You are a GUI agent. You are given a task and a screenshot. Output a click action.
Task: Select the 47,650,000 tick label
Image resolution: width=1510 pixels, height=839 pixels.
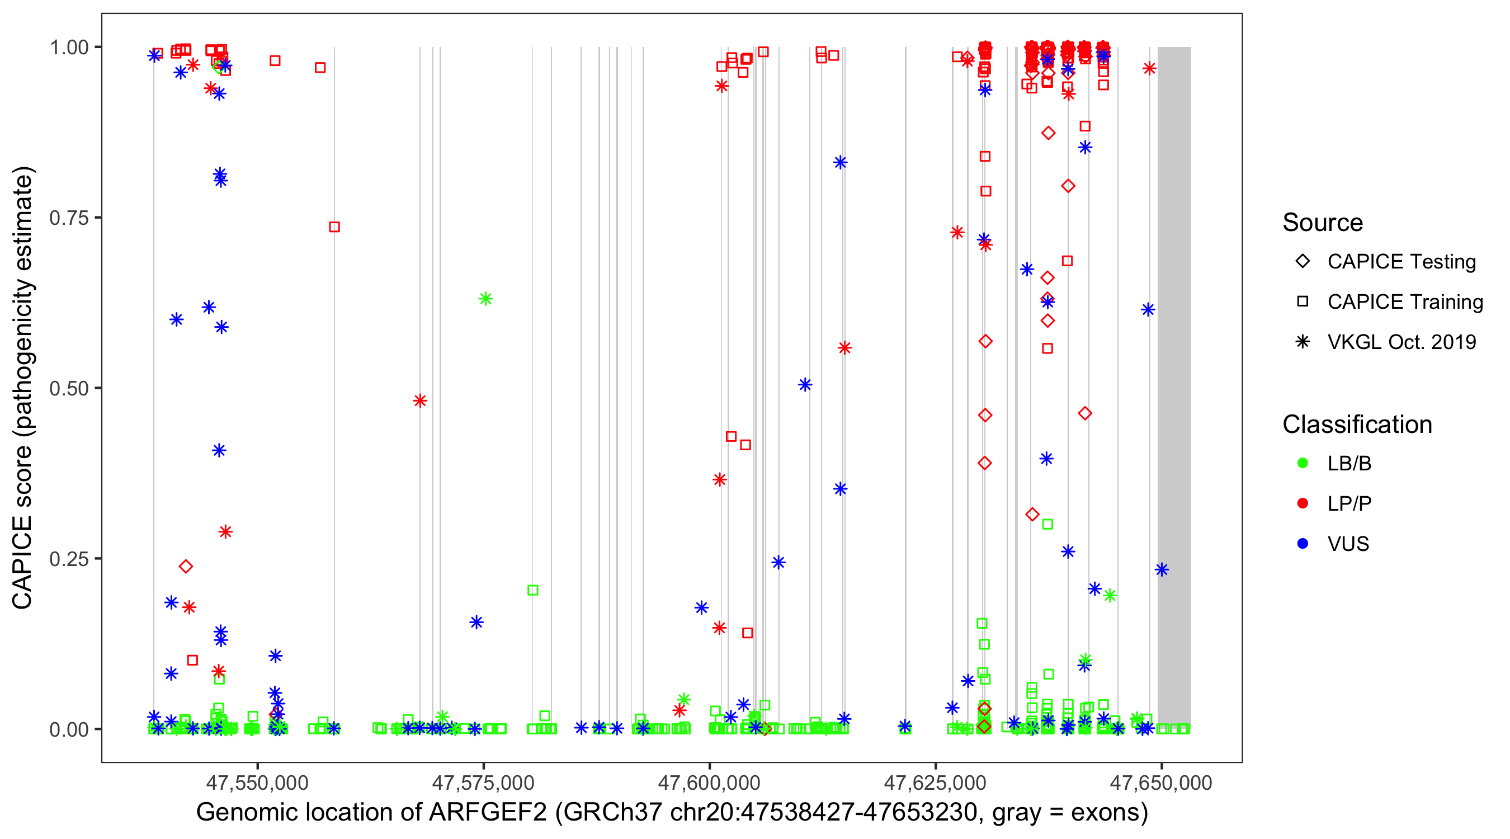[1160, 783]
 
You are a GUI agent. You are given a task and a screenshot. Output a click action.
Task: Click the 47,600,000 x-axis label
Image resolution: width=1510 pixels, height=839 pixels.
[709, 783]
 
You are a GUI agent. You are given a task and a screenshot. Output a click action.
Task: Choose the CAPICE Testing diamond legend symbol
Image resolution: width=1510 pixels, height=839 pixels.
[1303, 262]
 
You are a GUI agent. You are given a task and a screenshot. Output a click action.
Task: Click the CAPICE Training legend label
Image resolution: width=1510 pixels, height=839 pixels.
[1405, 302]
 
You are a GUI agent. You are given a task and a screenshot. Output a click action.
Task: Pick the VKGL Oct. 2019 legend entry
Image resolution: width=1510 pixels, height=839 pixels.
[1402, 342]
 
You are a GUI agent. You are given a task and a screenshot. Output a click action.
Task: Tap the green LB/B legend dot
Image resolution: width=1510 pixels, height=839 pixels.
[1303, 464]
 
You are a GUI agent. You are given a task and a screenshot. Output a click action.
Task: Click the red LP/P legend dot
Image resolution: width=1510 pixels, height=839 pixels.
[1303, 503]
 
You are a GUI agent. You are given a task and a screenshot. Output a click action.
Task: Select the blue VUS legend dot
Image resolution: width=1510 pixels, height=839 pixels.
[1303, 544]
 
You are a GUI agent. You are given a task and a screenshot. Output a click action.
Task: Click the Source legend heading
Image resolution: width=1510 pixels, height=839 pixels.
[1323, 223]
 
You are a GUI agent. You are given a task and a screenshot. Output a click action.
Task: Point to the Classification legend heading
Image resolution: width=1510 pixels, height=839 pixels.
[1357, 425]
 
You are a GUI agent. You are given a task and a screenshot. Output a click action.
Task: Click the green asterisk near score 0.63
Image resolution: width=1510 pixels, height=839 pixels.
[485, 299]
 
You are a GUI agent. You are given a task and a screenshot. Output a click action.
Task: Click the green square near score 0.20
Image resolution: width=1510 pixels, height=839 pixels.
[533, 590]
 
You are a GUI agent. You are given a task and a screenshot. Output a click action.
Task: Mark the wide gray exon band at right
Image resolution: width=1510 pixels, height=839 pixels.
[1174, 387]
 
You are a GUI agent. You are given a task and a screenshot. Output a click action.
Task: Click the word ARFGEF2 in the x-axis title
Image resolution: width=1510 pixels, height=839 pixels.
[488, 813]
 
